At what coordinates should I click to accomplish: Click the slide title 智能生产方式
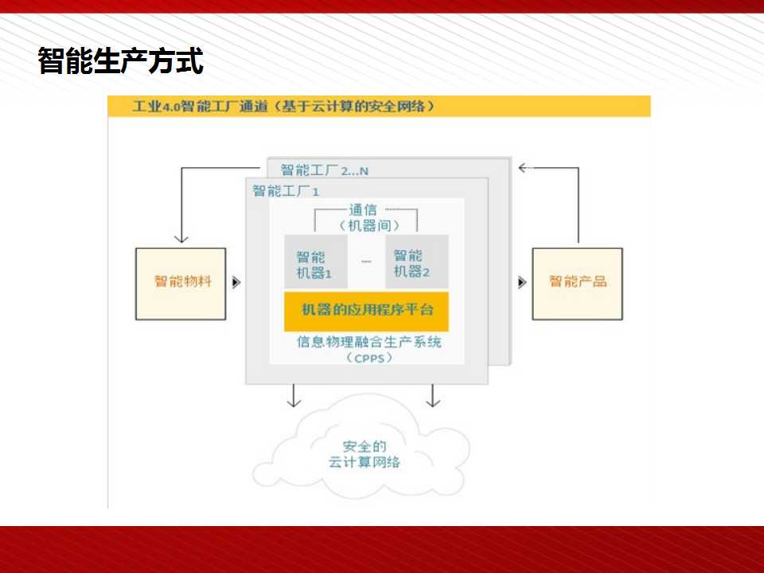point(120,61)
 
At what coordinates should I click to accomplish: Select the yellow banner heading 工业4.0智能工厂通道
point(283,106)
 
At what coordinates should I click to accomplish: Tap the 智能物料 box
point(181,284)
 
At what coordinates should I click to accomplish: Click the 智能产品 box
point(578,284)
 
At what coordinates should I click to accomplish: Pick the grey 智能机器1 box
point(316,262)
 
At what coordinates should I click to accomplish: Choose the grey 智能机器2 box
point(416,262)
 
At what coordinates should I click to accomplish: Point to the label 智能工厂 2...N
point(325,170)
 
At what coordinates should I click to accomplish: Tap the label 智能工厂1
point(286,191)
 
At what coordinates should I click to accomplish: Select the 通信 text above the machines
point(363,210)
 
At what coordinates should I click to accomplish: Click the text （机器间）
point(369,225)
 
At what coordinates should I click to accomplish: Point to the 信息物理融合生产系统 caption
point(369,341)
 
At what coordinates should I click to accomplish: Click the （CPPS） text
point(369,358)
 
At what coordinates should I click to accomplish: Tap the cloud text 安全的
point(364,446)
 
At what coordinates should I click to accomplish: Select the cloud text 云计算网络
point(364,462)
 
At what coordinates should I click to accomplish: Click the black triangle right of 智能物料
point(236,283)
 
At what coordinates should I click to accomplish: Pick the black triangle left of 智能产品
point(522,283)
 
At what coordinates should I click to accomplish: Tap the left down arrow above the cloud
point(294,396)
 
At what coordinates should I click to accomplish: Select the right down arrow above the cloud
point(433,396)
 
